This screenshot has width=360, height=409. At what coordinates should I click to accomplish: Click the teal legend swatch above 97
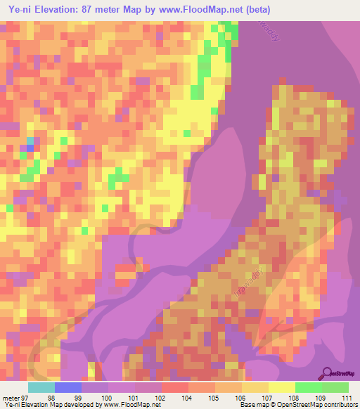[x=41, y=387]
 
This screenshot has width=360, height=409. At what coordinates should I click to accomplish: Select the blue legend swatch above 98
[x=67, y=387]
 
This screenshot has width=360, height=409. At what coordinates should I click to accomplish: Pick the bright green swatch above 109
[x=308, y=387]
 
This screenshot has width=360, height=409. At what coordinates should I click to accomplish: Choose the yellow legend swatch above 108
[x=281, y=387]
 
